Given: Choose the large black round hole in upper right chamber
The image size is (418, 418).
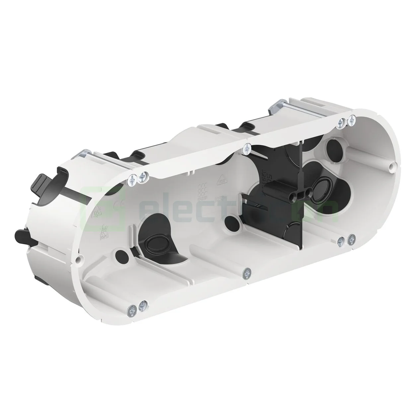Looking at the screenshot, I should coord(332,146).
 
